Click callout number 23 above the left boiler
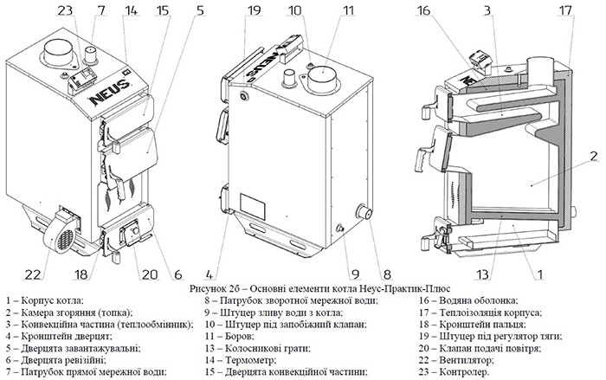(67, 11)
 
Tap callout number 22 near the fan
(33, 274)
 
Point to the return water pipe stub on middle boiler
(363, 213)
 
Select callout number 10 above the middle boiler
(295, 11)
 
